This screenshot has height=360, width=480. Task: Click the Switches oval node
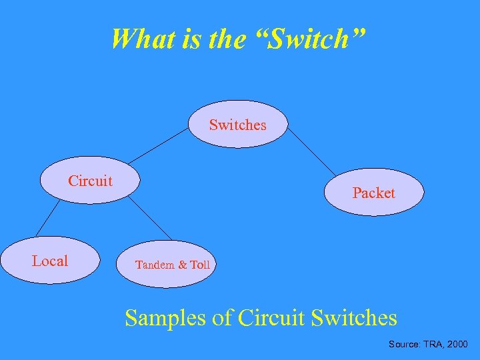pos(237,125)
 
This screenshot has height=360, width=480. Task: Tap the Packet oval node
pos(373,193)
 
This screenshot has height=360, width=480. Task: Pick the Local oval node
pos(50,261)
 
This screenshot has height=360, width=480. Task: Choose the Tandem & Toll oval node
pos(172,265)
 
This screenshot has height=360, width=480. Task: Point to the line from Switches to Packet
pos(311,151)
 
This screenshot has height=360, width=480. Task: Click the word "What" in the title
pos(137,39)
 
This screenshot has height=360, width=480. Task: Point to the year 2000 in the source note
pos(457,345)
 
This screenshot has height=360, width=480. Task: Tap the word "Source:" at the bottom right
pos(404,345)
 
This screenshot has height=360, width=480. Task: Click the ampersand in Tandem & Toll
pos(182,265)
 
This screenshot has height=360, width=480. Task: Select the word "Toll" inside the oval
pos(199,265)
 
